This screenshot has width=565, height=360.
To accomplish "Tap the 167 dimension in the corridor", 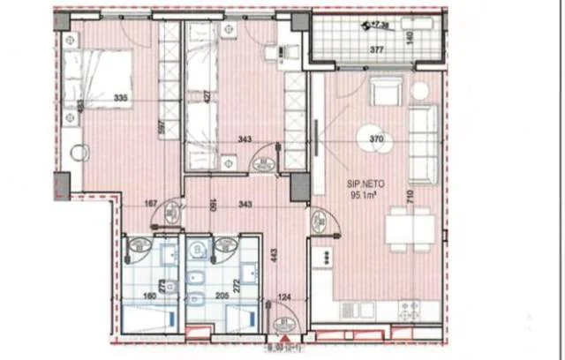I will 152,205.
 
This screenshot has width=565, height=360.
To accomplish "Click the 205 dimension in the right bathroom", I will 221,296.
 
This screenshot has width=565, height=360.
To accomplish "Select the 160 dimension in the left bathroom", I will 147,296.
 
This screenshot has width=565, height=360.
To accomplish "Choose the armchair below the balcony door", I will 385,92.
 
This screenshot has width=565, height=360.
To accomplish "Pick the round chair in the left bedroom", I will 79,154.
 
